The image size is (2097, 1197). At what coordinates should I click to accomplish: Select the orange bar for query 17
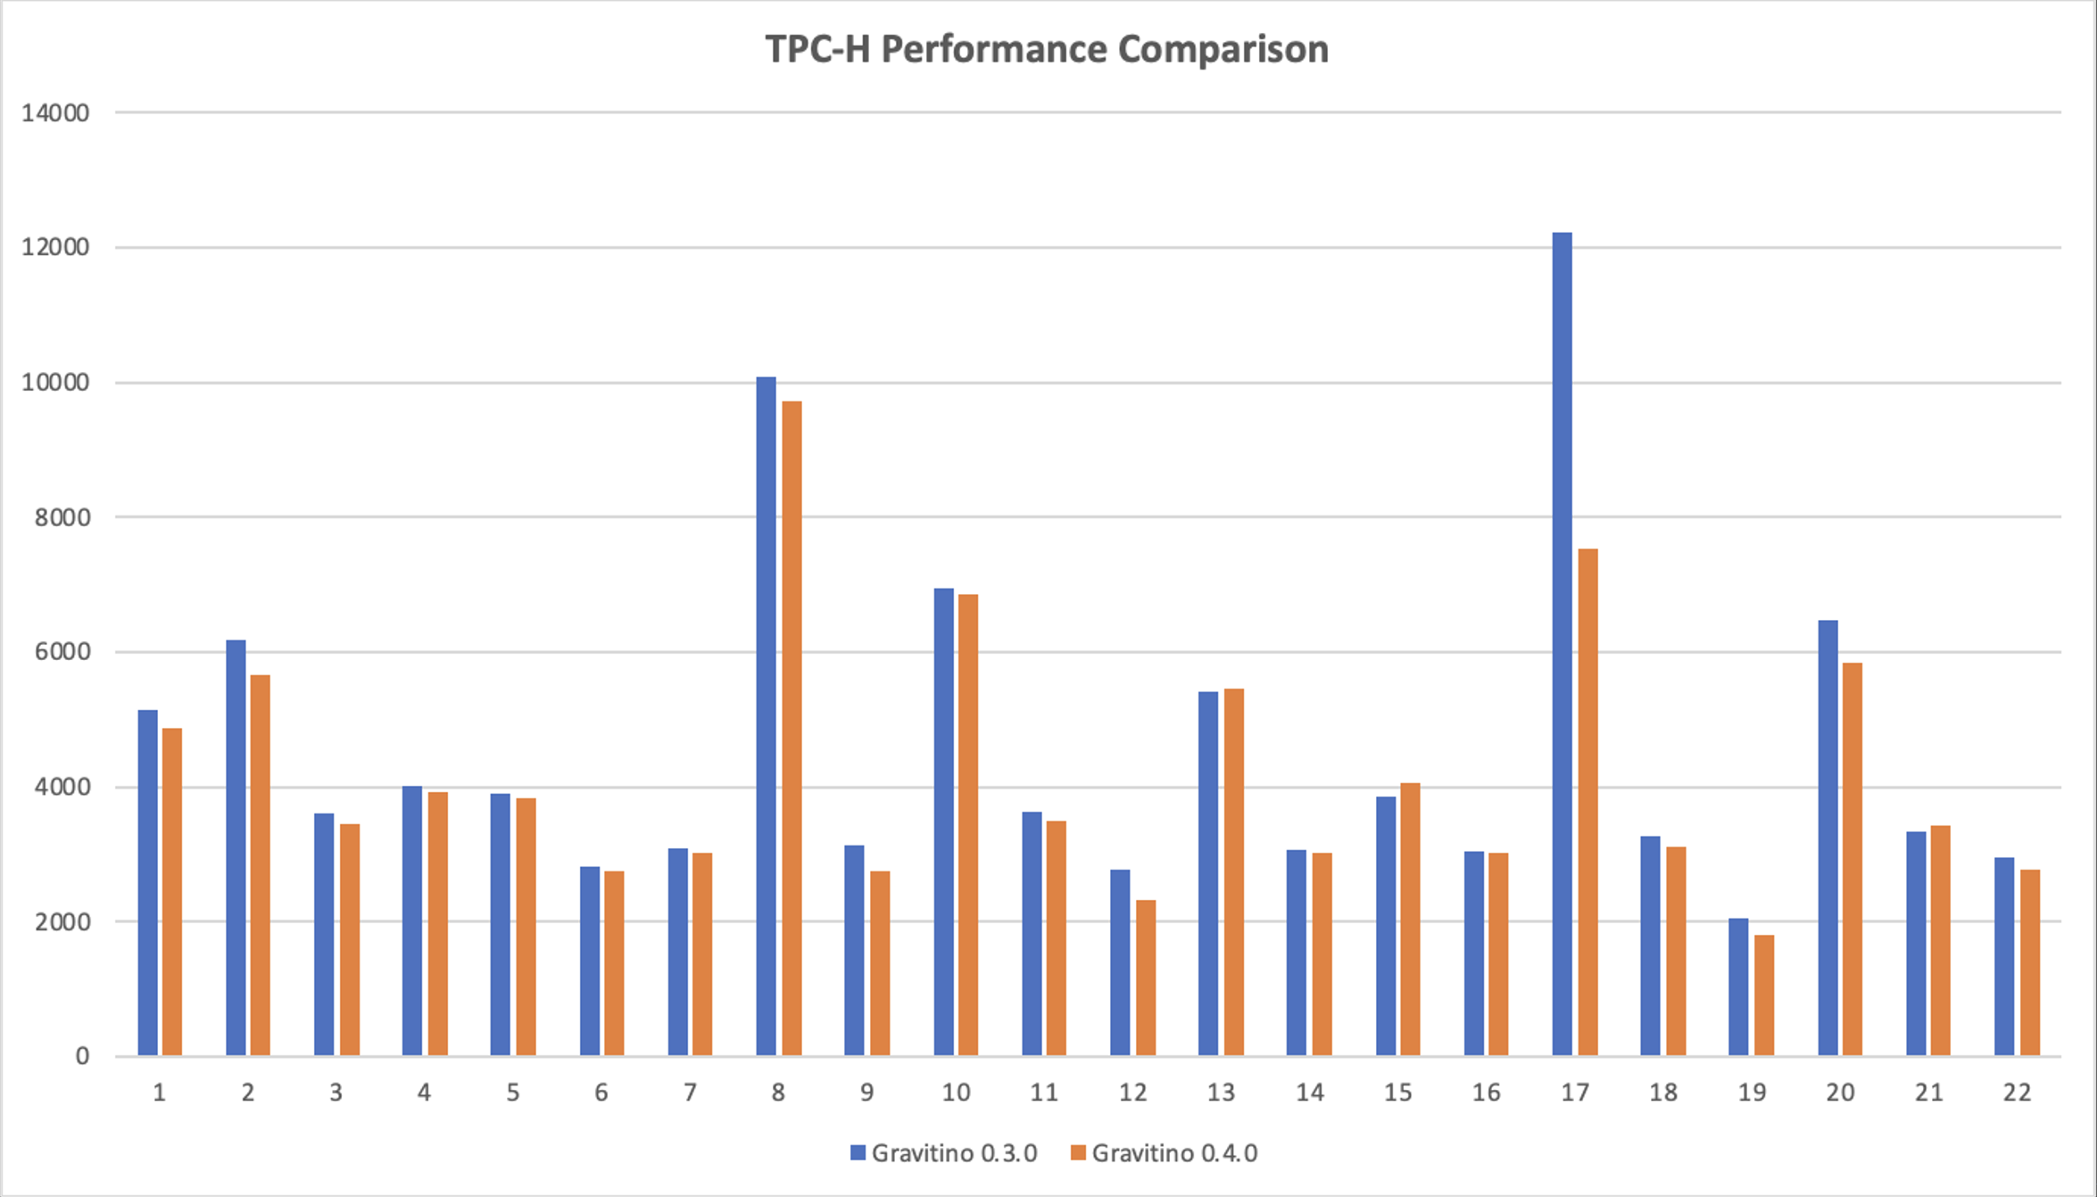click(x=1587, y=803)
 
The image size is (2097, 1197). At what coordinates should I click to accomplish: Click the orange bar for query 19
click(x=1763, y=995)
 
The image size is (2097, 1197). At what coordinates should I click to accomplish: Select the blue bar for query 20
click(x=1828, y=838)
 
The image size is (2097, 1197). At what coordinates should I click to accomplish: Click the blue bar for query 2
click(x=236, y=848)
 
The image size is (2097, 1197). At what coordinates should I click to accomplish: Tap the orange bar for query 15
click(x=1410, y=920)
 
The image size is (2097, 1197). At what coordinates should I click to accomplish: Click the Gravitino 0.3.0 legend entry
click(x=944, y=1153)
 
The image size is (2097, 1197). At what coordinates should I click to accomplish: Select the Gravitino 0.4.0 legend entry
click(x=1165, y=1153)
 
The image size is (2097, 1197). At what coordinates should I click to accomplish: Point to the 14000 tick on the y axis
click(x=55, y=113)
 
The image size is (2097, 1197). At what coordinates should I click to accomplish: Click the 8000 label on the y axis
click(x=62, y=517)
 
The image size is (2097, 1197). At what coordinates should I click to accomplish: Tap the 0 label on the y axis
click(x=82, y=1057)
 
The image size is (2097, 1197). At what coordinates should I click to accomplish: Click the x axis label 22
click(x=2017, y=1093)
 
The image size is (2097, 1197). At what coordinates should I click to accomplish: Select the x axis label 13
click(x=1221, y=1093)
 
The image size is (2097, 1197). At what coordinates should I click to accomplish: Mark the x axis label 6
click(x=601, y=1093)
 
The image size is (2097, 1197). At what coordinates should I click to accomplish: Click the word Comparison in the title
click(x=1223, y=49)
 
